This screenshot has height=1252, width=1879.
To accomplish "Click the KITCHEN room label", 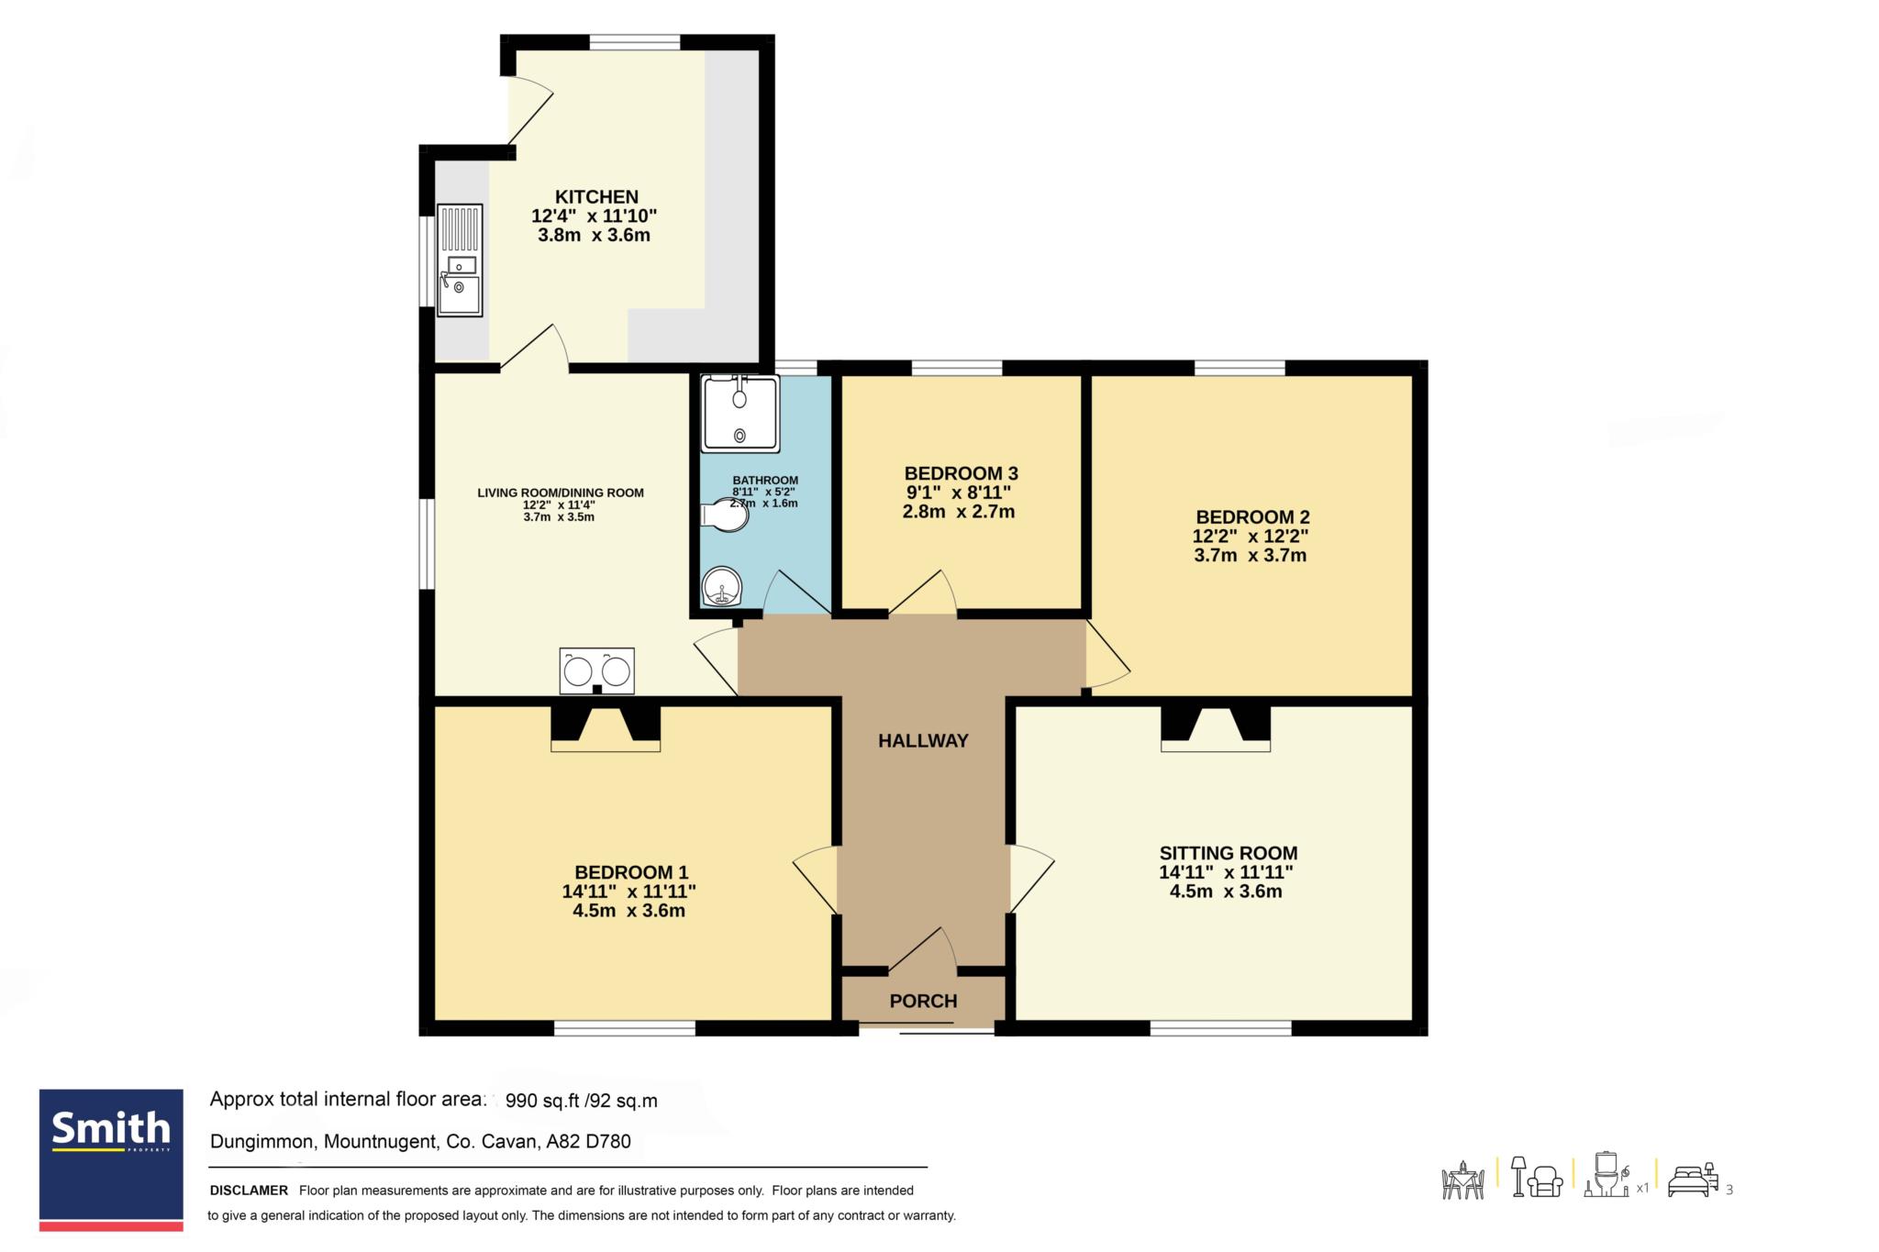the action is pos(596,196).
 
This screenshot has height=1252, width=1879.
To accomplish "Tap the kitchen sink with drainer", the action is pos(460,260).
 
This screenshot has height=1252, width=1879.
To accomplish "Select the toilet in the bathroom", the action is pos(724,515).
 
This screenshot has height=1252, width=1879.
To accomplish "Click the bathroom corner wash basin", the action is pos(722,587).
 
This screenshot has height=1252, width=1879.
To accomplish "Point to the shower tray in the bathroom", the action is pos(740,414).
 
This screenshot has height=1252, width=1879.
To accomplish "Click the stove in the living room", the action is pos(596,671).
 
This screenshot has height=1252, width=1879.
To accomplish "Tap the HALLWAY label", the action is pos(923,741).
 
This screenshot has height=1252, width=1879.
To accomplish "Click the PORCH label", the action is pos(923,1001).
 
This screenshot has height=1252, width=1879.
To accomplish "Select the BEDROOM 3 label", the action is pos(961,473).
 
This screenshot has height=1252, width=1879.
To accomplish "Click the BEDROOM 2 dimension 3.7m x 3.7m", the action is pos(1250,555).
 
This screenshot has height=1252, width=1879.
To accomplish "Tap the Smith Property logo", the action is pos(111,1159).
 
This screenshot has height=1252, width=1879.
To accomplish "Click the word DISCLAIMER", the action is pos(249,1191).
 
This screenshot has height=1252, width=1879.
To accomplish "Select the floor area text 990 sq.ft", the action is pos(547,1101).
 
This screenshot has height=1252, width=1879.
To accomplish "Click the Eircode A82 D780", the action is pos(588,1142).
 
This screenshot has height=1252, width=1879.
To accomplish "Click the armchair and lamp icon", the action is pos(1537,1177).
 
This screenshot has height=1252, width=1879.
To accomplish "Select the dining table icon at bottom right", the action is pos(1463,1180).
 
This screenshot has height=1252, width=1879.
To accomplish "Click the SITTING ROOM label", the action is pos(1228,853).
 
